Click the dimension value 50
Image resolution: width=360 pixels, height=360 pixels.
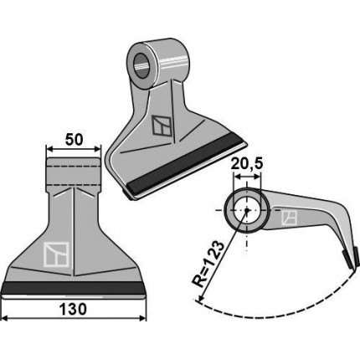74,140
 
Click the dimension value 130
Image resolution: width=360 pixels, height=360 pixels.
73,309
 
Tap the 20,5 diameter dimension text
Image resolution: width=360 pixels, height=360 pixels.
247,165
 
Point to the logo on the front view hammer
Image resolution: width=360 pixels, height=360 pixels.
56,255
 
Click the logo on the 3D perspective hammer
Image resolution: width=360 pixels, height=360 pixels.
162,126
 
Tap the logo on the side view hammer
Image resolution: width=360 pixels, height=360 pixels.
289,218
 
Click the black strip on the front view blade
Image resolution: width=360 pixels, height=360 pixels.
74,288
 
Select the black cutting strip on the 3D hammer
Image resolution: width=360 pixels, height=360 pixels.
185,164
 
